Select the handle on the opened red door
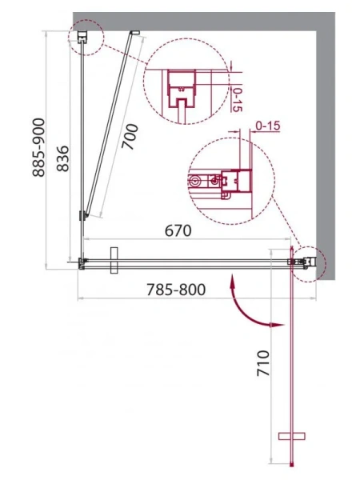pos(291,436)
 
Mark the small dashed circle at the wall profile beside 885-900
pos(85,37)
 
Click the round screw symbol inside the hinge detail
pos(194,182)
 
